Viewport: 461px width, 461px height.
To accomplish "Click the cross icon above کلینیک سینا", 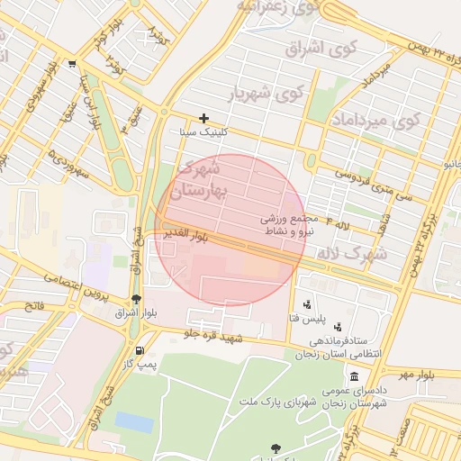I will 204,118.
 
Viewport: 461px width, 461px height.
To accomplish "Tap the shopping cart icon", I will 71,64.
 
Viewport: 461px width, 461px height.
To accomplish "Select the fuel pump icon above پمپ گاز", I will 139,350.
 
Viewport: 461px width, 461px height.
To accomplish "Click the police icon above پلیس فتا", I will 308,305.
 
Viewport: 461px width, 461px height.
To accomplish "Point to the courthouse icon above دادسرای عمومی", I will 354,375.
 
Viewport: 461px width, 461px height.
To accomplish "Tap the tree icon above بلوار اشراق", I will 136,299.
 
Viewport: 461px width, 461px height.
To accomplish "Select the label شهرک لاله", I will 352,254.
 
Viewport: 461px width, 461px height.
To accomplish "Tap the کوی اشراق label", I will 321,47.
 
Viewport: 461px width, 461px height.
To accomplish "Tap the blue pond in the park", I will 134,421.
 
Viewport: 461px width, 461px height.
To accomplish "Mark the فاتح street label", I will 34,306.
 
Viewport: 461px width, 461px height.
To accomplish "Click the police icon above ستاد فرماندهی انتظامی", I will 337,327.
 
